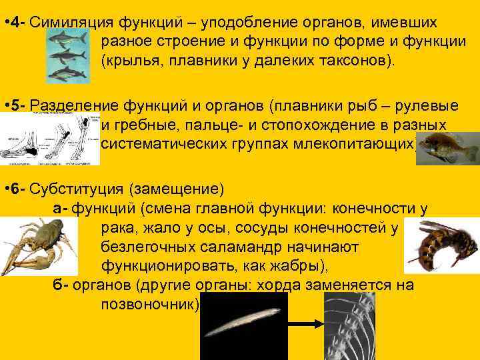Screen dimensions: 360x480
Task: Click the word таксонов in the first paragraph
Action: tap(353, 61)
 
